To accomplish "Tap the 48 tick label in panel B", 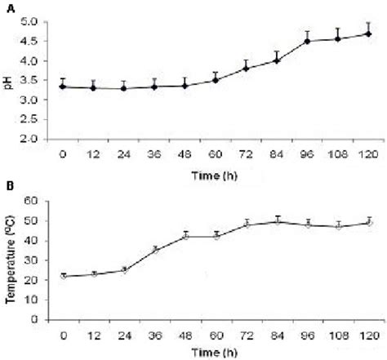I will coord(185,335).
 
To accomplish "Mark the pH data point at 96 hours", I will coord(308,41).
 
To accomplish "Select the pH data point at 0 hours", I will coord(63,87).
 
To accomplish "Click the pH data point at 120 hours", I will coord(369,33).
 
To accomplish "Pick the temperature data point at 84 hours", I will coord(278,220).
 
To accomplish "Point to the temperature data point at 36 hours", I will coord(155,249).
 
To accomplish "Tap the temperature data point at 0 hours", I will coord(63,276).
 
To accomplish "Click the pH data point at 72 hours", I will coord(247,68).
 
